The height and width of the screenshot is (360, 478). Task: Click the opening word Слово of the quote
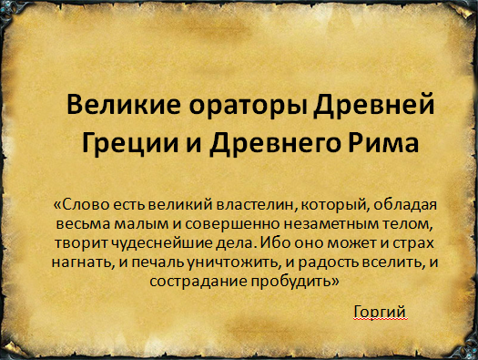coord(91,203)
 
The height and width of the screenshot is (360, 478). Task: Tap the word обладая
coord(387,203)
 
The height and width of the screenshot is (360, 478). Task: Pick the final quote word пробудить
coord(298,283)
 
